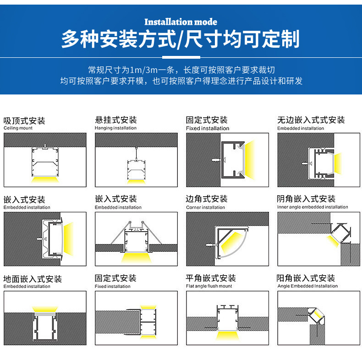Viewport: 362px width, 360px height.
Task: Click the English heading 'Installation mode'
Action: coord(181,22)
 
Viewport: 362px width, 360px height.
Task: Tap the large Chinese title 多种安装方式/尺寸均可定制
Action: coord(181,40)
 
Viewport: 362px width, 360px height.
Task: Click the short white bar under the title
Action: coord(181,58)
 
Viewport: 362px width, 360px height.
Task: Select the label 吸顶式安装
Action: coord(24,121)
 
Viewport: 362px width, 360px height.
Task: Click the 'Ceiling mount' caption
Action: coord(18,128)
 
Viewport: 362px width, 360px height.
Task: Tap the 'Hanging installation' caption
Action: coord(115,128)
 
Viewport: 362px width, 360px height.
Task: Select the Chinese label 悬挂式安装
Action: coord(115,120)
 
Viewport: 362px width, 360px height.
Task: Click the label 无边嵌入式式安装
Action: coord(311,120)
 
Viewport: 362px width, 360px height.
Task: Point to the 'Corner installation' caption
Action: coord(205,207)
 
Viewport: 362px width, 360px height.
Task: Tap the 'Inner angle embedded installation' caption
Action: coord(313,207)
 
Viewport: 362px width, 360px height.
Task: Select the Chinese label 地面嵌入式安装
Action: coord(33,279)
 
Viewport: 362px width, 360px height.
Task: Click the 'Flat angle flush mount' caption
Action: coord(209,286)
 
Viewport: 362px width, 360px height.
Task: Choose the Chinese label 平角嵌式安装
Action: coord(211,278)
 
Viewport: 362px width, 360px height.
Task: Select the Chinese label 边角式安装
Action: coord(207,199)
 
